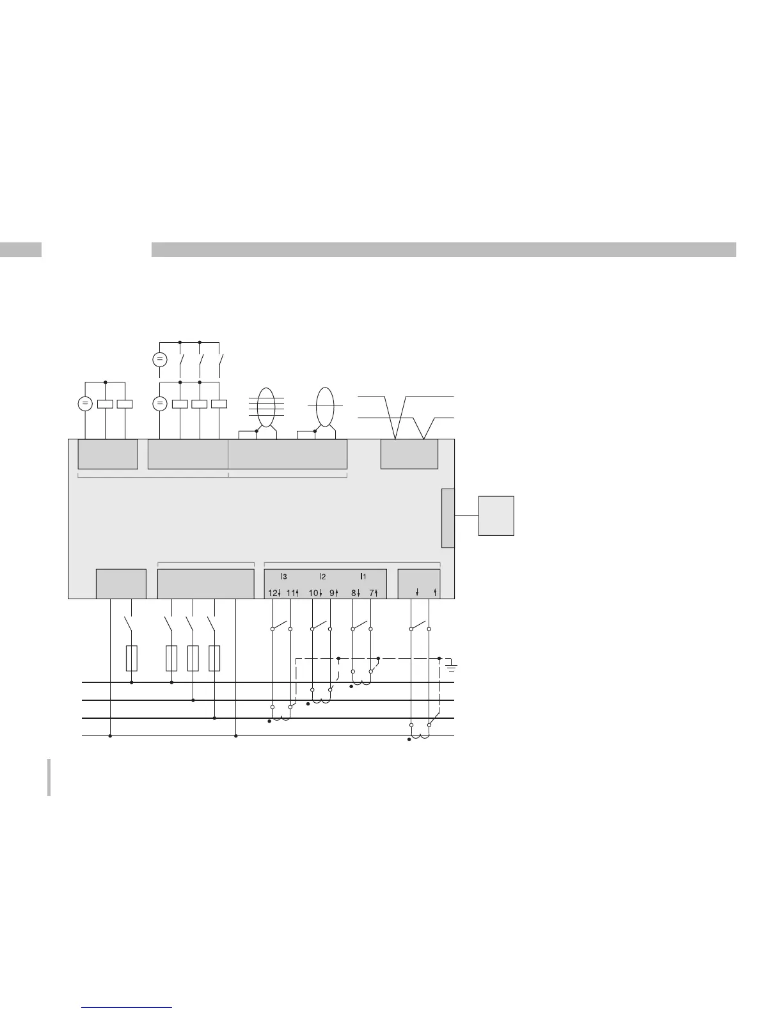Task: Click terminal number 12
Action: [x=271, y=593]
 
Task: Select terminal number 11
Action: [x=290, y=593]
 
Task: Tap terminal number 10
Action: [x=313, y=593]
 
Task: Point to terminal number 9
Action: [x=332, y=593]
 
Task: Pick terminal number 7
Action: [x=372, y=593]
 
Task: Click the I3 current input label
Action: [x=284, y=577]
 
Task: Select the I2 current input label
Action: [x=323, y=577]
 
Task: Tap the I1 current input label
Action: [x=363, y=577]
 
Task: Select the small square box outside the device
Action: [x=496, y=515]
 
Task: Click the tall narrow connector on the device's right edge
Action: [x=448, y=518]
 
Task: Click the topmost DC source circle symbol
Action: [x=160, y=359]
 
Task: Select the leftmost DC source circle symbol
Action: [x=84, y=404]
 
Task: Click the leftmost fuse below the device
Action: [x=132, y=658]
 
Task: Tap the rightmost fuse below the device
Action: [x=214, y=658]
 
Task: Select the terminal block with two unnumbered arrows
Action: [x=419, y=583]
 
